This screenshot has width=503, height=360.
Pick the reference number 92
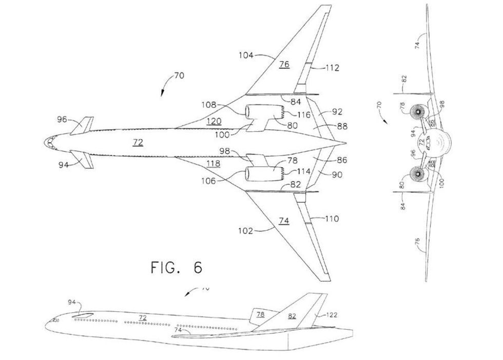point(337,111)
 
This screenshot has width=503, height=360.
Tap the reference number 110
point(332,219)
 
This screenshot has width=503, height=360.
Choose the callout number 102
point(244,231)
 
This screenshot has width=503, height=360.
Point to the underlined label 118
point(213,164)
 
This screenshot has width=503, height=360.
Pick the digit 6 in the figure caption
point(198,267)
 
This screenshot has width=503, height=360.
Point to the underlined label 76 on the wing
point(284,65)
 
